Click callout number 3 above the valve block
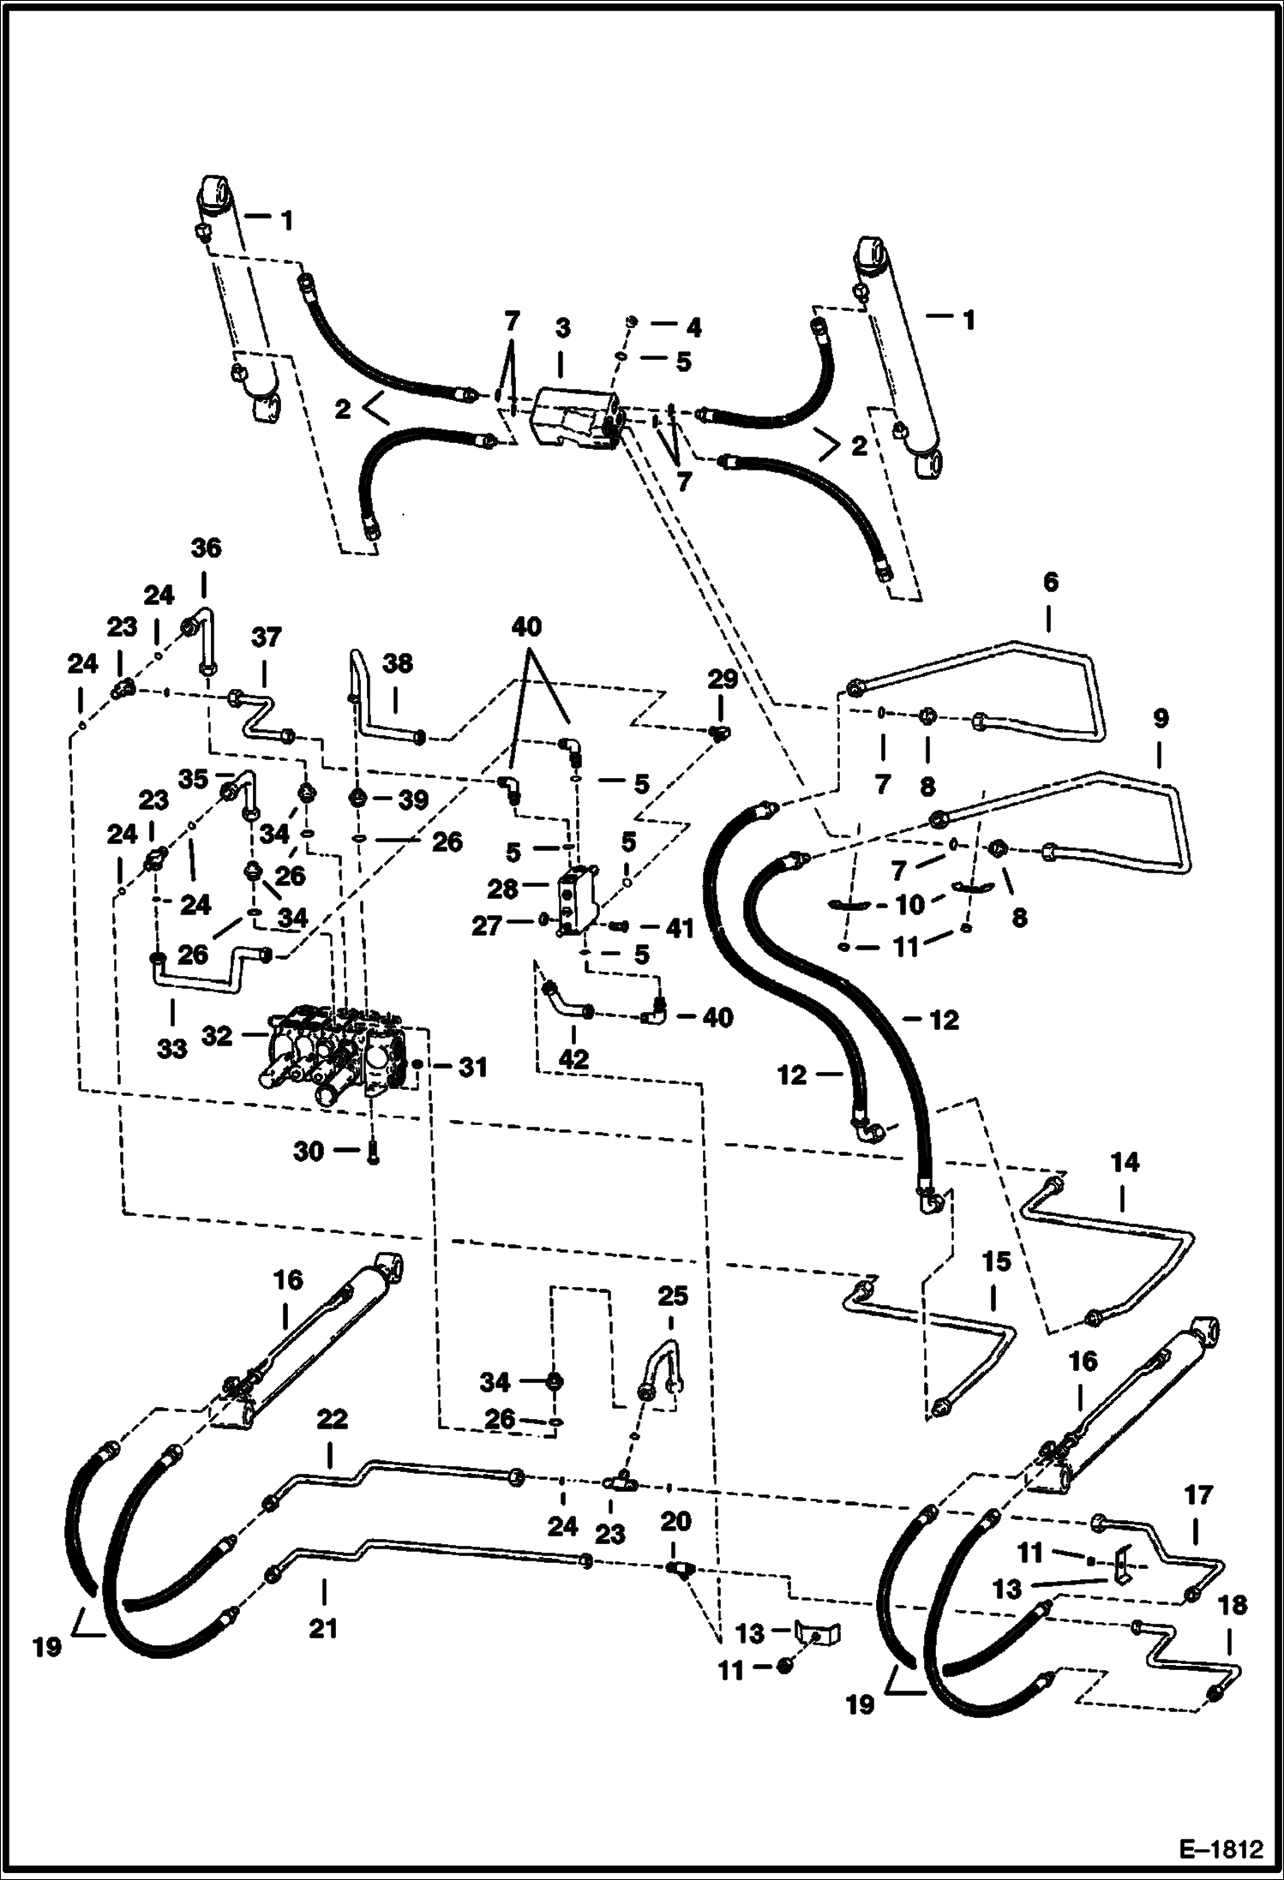(562, 328)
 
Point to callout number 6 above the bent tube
(1051, 583)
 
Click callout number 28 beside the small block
(504, 889)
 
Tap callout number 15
(997, 1262)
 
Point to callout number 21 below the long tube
(323, 1627)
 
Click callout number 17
(1198, 1495)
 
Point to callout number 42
(573, 1059)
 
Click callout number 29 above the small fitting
(722, 680)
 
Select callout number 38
(397, 662)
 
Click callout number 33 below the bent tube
(172, 1047)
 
